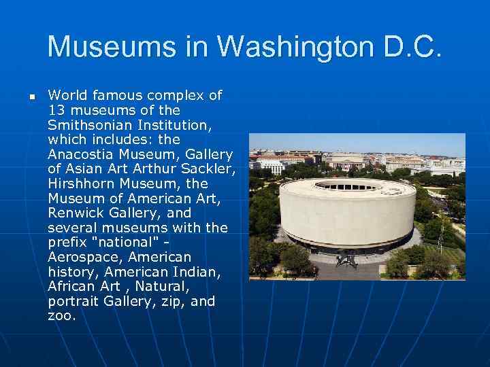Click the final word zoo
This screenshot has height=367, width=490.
point(61,316)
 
